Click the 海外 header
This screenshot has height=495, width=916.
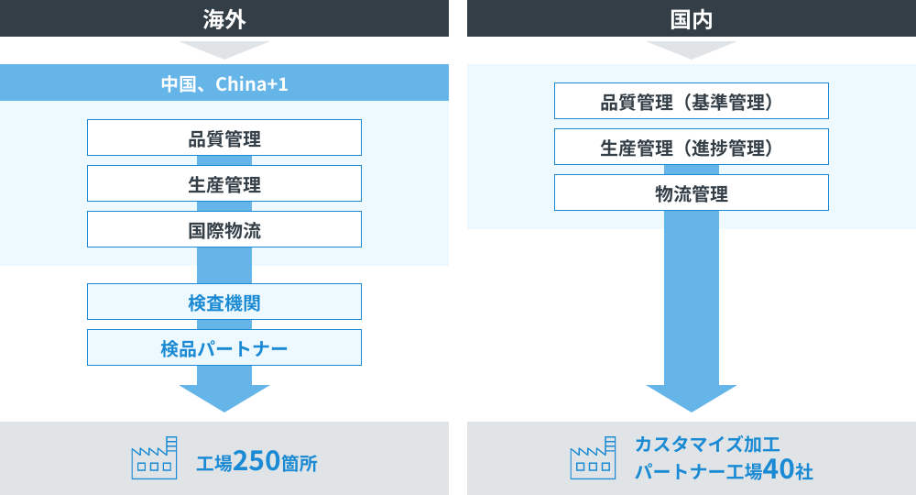coord(224,18)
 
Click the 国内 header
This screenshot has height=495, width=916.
coord(692,18)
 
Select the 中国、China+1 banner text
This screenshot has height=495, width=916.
coord(224,84)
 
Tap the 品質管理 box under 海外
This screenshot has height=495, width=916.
coord(224,138)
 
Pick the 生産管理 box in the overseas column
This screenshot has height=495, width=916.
coord(224,184)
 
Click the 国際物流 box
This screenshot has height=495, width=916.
coord(224,230)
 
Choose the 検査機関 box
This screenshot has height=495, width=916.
coord(224,302)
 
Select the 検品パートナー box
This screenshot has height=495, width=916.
coord(224,348)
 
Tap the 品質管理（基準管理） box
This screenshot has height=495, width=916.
coord(692,102)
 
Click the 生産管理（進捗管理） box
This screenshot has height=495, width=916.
coord(692,148)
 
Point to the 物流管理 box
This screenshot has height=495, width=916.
coord(692,193)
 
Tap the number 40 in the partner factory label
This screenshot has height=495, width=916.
coord(777,470)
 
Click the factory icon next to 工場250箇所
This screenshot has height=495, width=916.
coord(154,458)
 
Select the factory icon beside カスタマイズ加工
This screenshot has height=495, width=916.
coord(593,458)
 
